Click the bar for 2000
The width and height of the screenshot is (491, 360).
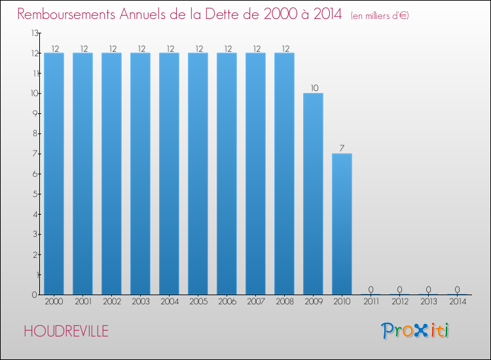pyautogui.click(x=54, y=173)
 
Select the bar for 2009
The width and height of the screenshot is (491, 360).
pyautogui.click(x=313, y=194)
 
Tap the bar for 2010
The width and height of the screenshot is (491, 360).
pyautogui.click(x=342, y=224)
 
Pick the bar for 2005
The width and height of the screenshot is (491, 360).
pyautogui.click(x=198, y=173)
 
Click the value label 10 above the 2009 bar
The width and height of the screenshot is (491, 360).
pyautogui.click(x=313, y=88)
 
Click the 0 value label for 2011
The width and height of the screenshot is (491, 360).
pyautogui.click(x=371, y=289)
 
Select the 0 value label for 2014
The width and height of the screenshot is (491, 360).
pyautogui.click(x=457, y=289)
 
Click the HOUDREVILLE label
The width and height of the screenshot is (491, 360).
pyautogui.click(x=66, y=331)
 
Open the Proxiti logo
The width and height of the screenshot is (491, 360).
pyautogui.click(x=415, y=331)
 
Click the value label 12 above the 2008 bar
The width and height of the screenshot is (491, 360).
pyautogui.click(x=284, y=48)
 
